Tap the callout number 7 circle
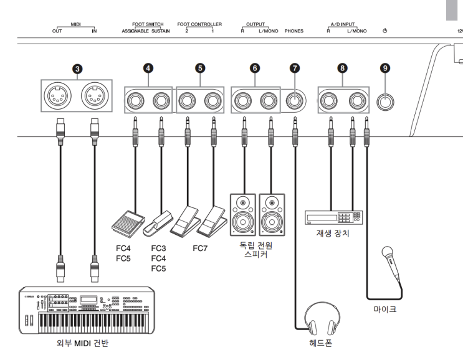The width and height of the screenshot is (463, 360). (x=294, y=69)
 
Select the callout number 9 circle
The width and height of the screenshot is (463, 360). (x=386, y=69)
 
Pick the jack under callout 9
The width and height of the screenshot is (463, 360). (x=386, y=102)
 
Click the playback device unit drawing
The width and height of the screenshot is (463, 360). (x=333, y=217)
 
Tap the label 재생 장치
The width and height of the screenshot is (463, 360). (x=332, y=235)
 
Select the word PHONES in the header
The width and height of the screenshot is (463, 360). (x=294, y=29)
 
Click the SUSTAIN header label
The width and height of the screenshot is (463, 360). (x=161, y=29)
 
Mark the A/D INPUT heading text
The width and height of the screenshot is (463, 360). (x=341, y=24)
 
